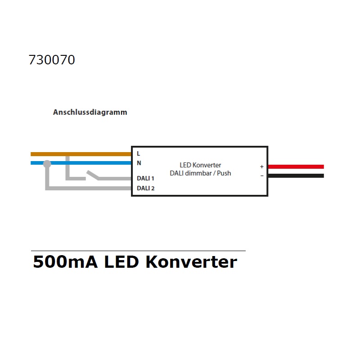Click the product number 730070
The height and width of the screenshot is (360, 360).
click(x=52, y=60)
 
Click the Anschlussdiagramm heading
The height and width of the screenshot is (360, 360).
click(x=90, y=112)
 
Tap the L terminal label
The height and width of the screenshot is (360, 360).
click(x=138, y=153)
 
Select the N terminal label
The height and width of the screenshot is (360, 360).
click(x=139, y=163)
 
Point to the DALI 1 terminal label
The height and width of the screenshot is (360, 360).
click(x=145, y=178)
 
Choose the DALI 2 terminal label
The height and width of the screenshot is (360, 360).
click(x=145, y=188)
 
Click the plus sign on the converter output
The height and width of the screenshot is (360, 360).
click(x=262, y=166)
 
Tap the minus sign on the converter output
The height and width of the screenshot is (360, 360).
click(x=262, y=176)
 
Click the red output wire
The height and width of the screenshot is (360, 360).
click(x=296, y=166)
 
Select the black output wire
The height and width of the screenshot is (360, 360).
click(x=296, y=175)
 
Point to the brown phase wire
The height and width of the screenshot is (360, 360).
click(x=81, y=154)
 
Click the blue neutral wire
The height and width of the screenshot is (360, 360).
click(x=81, y=163)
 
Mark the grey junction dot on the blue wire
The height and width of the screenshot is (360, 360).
click(x=47, y=164)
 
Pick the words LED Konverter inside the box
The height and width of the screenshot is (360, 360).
click(x=200, y=165)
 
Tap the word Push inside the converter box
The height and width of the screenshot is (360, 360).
click(x=224, y=173)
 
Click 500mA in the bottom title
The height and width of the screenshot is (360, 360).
click(x=65, y=262)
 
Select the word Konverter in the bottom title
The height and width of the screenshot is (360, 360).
click(x=191, y=262)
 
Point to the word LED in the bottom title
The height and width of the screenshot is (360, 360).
click(x=121, y=262)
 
